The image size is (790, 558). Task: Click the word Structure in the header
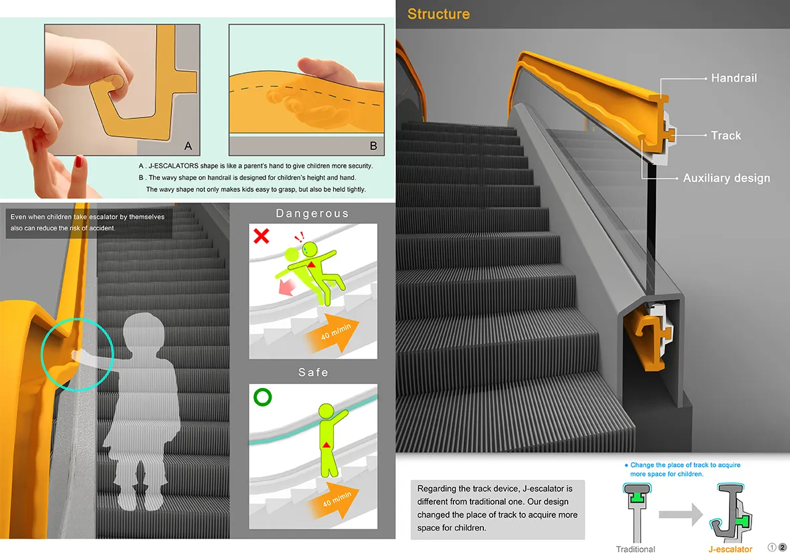438,14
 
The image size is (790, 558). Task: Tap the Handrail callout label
734,78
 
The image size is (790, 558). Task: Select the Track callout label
726,136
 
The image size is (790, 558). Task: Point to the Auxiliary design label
726,178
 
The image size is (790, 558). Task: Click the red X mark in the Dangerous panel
261,236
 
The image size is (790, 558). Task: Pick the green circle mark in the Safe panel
262,397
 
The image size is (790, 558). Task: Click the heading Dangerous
313,213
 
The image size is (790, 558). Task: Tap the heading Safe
313,373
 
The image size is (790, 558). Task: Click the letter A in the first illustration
188,145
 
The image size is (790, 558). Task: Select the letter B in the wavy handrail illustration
373,145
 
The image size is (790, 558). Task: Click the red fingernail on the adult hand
78,162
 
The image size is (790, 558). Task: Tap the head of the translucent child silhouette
144,331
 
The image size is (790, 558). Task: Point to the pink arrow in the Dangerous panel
287,288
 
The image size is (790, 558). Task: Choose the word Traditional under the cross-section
635,549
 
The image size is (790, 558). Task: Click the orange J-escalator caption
730,549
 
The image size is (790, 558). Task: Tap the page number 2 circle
783,547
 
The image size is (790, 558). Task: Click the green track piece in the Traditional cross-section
637,496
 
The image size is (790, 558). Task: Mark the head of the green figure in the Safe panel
327,411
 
